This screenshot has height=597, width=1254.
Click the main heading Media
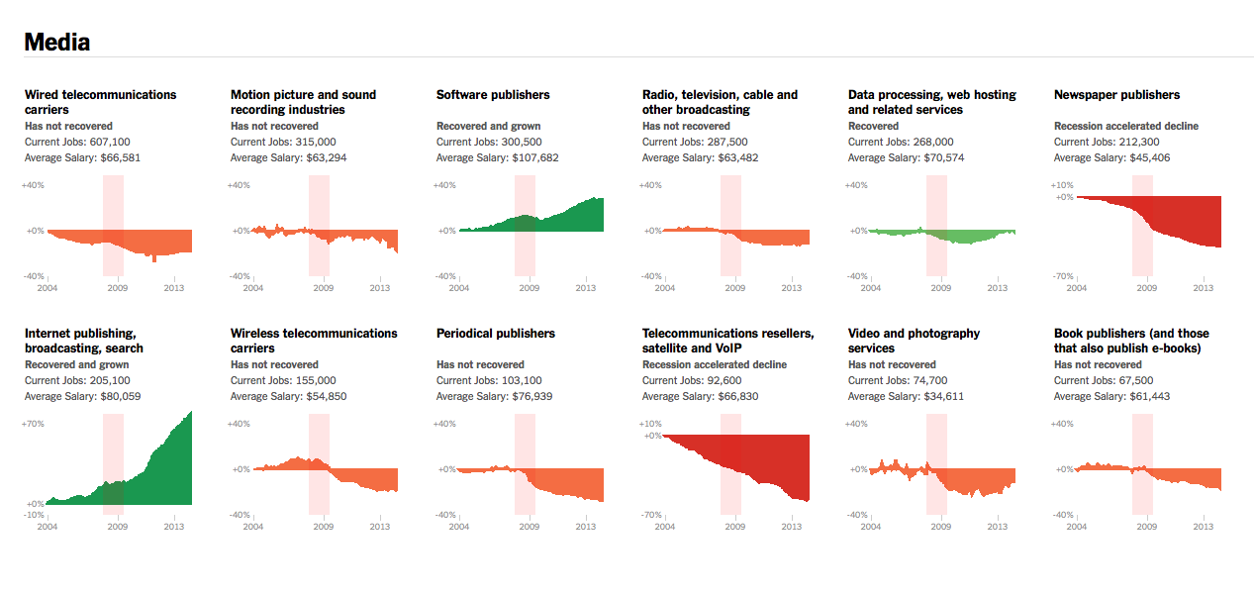point(56,43)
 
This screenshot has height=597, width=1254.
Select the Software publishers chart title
point(493,95)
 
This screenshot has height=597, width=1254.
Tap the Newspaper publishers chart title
point(1116,95)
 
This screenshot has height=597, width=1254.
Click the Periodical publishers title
point(495,334)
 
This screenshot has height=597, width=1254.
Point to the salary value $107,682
point(549,157)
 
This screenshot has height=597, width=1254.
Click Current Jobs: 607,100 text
point(77,142)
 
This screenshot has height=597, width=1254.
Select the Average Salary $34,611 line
point(906,396)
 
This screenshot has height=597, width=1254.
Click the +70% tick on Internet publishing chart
point(33,424)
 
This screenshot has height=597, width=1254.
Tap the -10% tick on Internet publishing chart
point(33,515)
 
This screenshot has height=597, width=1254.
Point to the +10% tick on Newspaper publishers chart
point(1062,185)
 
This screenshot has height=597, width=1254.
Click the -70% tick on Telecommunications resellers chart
point(650,515)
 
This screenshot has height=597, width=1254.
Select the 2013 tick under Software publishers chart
point(585,288)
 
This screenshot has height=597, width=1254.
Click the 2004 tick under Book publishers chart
point(1076,527)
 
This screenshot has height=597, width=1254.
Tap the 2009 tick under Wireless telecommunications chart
point(323,527)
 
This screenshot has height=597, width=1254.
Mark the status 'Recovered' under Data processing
point(873,126)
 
